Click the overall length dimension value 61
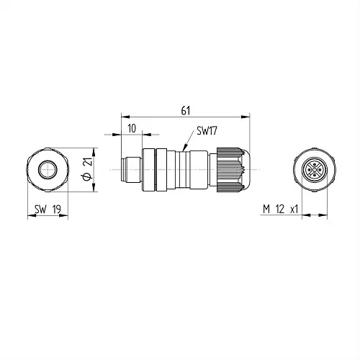pos(186,111)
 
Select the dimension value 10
pos(132,129)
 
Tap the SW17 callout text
pos(207,131)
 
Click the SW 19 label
pos(48,210)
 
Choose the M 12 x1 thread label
pos(280,210)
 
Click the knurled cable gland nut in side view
pos(229,170)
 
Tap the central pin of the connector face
pos(315,170)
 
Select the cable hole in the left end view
pos(47,169)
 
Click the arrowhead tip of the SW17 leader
pos(184,150)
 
